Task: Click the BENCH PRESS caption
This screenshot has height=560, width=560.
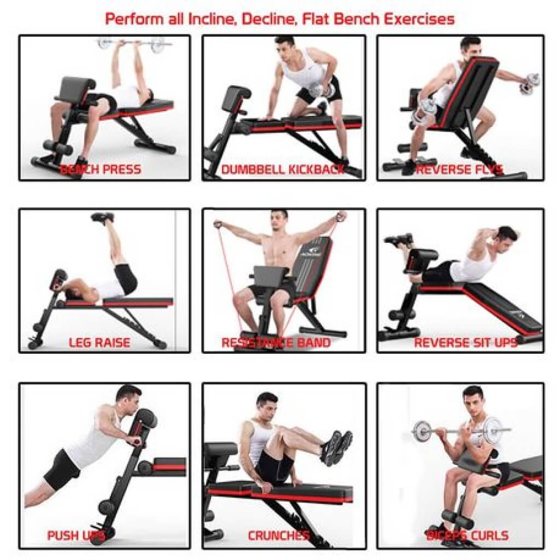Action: coord(100,170)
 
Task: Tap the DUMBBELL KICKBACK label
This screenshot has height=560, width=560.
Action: coord(283,170)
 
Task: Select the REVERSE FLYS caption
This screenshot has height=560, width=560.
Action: coord(459,170)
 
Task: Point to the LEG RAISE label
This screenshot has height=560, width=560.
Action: coord(100,343)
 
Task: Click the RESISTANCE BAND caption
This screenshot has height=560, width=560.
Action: coord(276,343)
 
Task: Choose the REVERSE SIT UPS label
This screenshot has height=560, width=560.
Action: coord(465,343)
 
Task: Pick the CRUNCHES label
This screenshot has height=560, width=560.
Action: coord(278,535)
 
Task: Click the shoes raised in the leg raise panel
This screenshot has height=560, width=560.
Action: coord(103,217)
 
